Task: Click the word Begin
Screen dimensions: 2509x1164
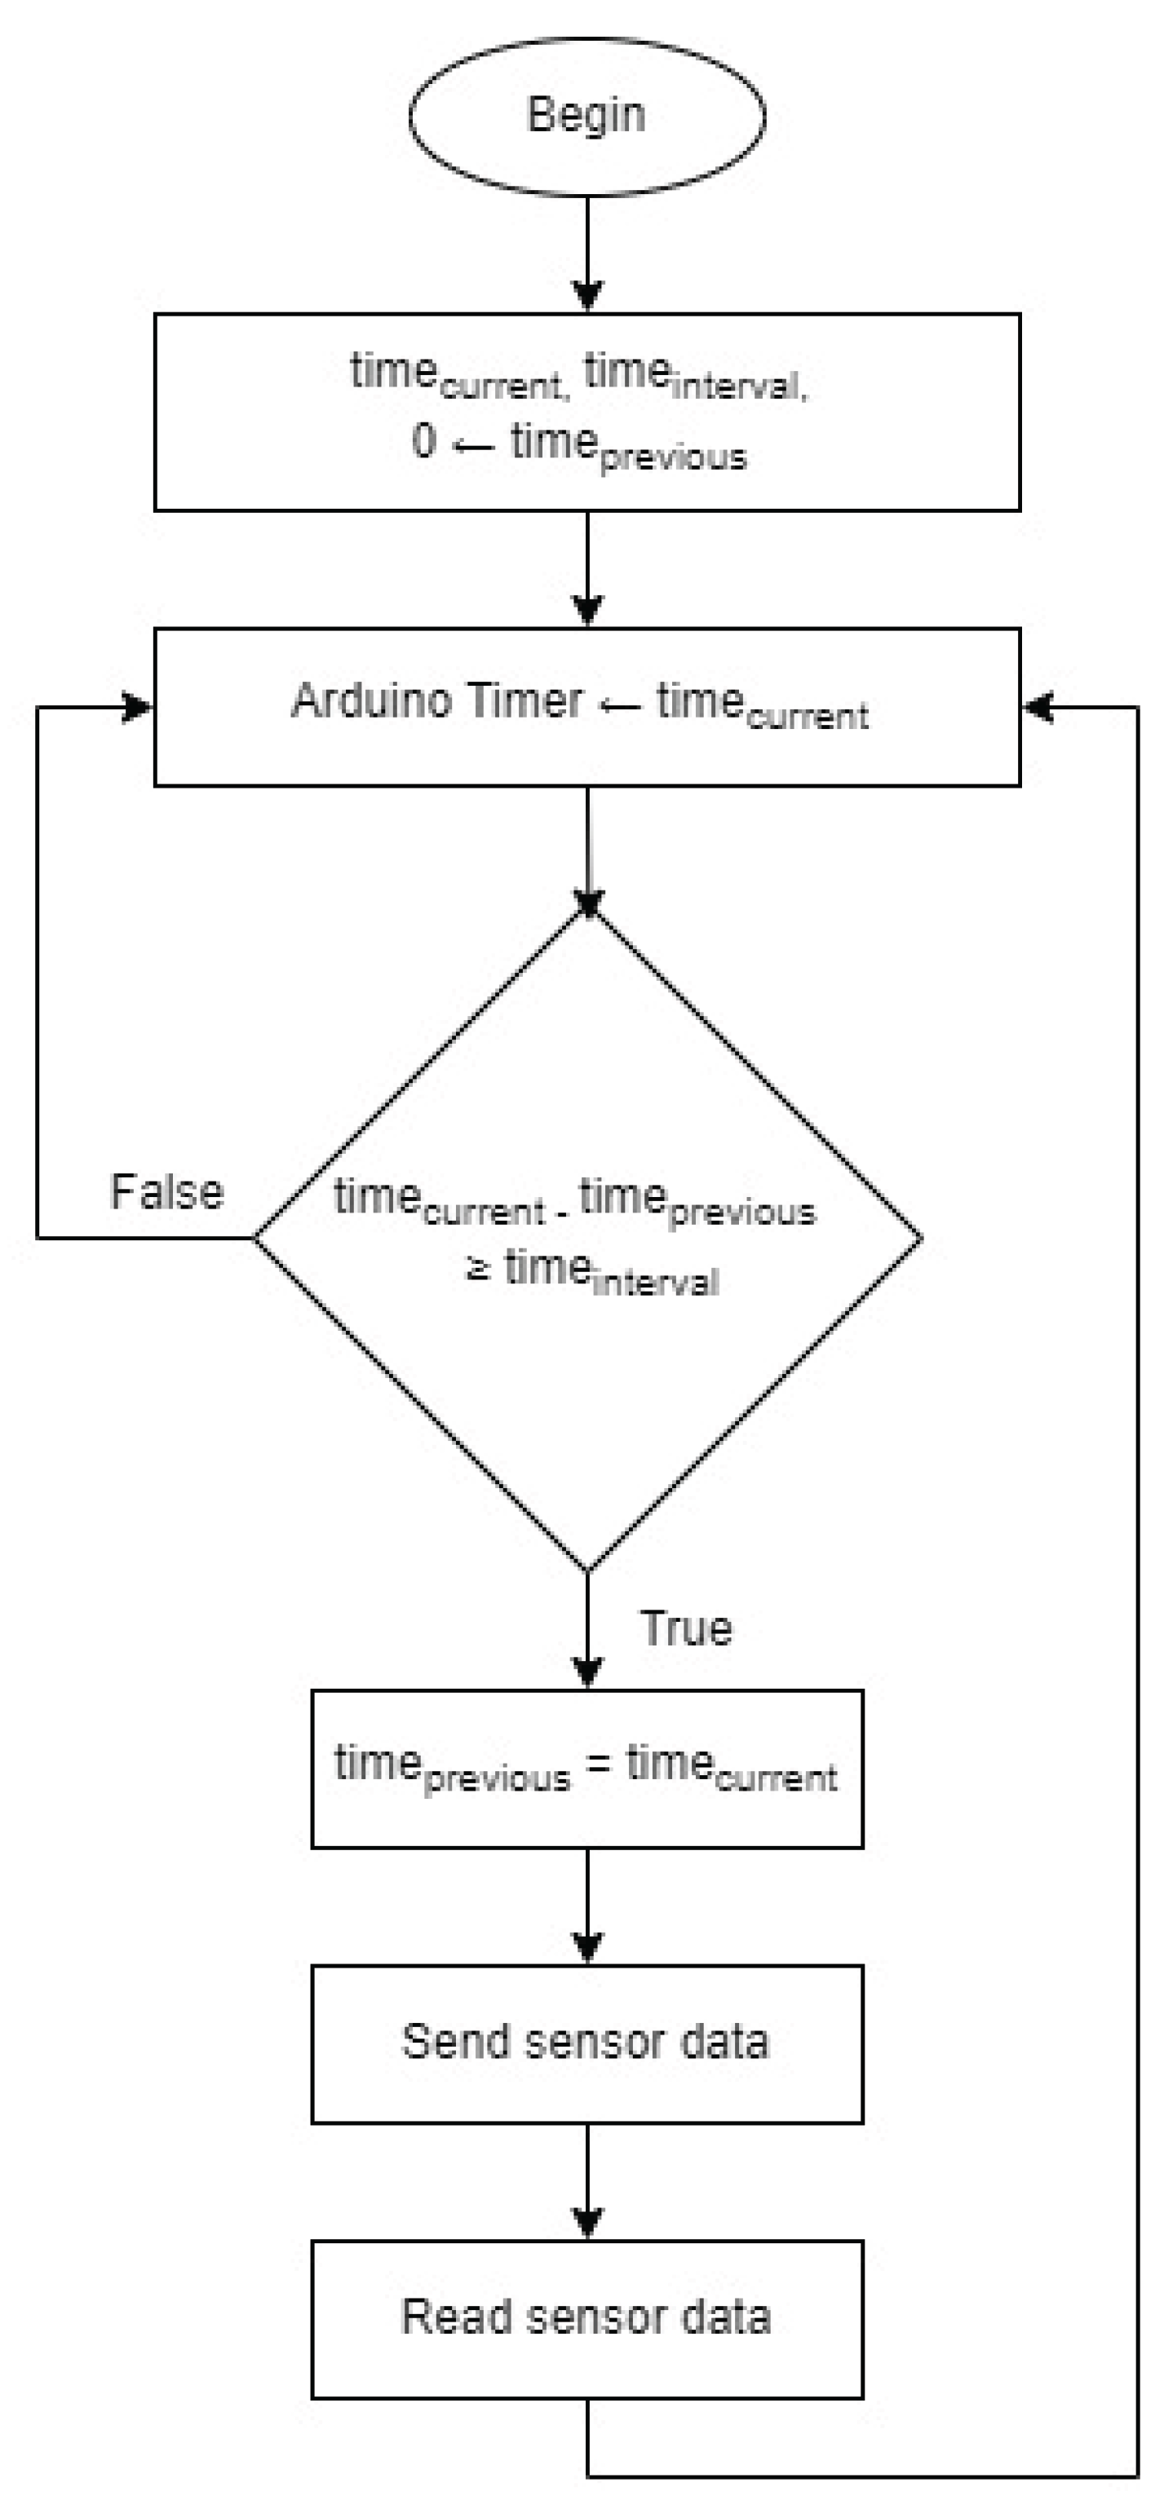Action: [x=586, y=115]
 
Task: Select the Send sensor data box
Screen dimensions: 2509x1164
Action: [x=586, y=2043]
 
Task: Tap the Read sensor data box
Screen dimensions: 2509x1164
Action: [x=586, y=2319]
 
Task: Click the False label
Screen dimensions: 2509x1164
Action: [x=166, y=1192]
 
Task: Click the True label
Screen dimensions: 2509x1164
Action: [x=686, y=1628]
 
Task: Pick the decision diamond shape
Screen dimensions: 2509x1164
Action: [x=586, y=1412]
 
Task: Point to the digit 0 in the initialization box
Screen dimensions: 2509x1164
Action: [x=423, y=441]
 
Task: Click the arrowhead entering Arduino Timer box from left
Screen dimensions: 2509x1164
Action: [x=139, y=707]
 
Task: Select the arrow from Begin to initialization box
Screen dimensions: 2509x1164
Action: [x=586, y=254]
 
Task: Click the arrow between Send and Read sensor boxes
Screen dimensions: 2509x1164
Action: [x=586, y=2182]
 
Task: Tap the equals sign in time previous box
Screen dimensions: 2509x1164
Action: [x=598, y=1764]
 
